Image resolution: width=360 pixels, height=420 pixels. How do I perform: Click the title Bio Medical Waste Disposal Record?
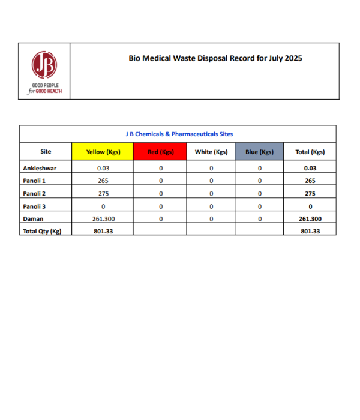click(x=215, y=59)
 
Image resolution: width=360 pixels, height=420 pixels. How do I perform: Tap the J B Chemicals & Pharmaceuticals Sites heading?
click(x=179, y=134)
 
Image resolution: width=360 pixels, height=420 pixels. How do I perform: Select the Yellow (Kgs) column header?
click(x=103, y=152)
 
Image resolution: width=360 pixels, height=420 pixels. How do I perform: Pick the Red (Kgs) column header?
click(x=161, y=152)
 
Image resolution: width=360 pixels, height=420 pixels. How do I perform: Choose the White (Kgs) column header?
click(x=211, y=152)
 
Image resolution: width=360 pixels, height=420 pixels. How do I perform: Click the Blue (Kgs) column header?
click(x=259, y=152)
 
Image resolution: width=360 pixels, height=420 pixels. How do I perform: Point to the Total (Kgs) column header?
click(x=310, y=152)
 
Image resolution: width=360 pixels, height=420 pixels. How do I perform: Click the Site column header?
click(x=46, y=152)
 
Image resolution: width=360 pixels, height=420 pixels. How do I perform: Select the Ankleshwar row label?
click(x=40, y=168)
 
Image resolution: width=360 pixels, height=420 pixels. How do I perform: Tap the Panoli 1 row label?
click(x=35, y=181)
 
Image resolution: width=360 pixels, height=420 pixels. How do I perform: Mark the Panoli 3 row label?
click(x=35, y=206)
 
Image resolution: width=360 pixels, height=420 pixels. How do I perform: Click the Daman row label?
click(x=32, y=219)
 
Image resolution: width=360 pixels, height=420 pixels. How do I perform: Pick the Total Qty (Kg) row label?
click(x=42, y=231)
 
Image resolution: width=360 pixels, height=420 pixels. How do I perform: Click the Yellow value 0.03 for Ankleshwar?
click(x=103, y=168)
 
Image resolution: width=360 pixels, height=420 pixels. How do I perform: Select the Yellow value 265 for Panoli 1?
click(x=103, y=181)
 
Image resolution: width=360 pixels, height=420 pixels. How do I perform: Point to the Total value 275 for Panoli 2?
click(x=310, y=193)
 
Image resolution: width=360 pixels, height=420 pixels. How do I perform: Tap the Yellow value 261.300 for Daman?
click(x=103, y=219)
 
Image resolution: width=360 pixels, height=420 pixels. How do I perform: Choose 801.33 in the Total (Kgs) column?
click(x=310, y=231)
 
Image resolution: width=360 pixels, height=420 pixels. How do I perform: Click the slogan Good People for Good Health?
click(x=45, y=89)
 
